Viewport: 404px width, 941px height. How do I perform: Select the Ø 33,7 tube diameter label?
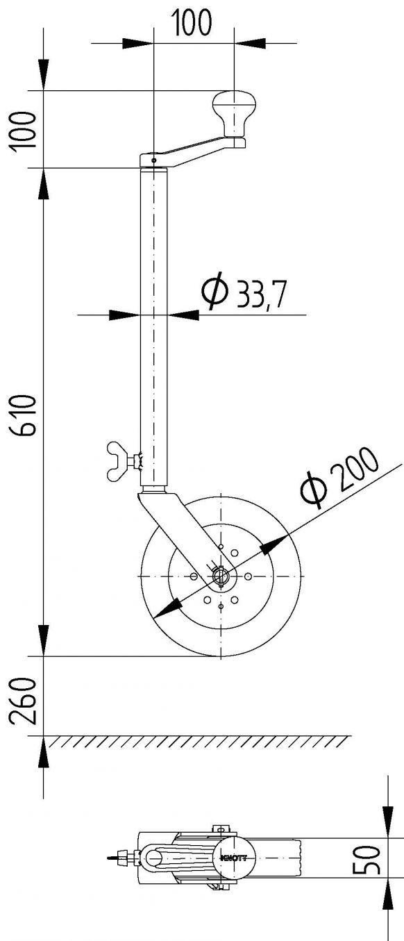[244, 292]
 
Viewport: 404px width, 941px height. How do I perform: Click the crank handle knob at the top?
[234, 114]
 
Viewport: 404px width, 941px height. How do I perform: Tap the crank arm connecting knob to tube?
[198, 150]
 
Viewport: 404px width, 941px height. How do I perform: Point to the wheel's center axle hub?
[220, 576]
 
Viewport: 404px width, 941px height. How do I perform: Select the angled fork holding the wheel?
[174, 528]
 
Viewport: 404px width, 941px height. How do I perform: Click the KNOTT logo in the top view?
[233, 858]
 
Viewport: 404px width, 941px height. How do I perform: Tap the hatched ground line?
[201, 741]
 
